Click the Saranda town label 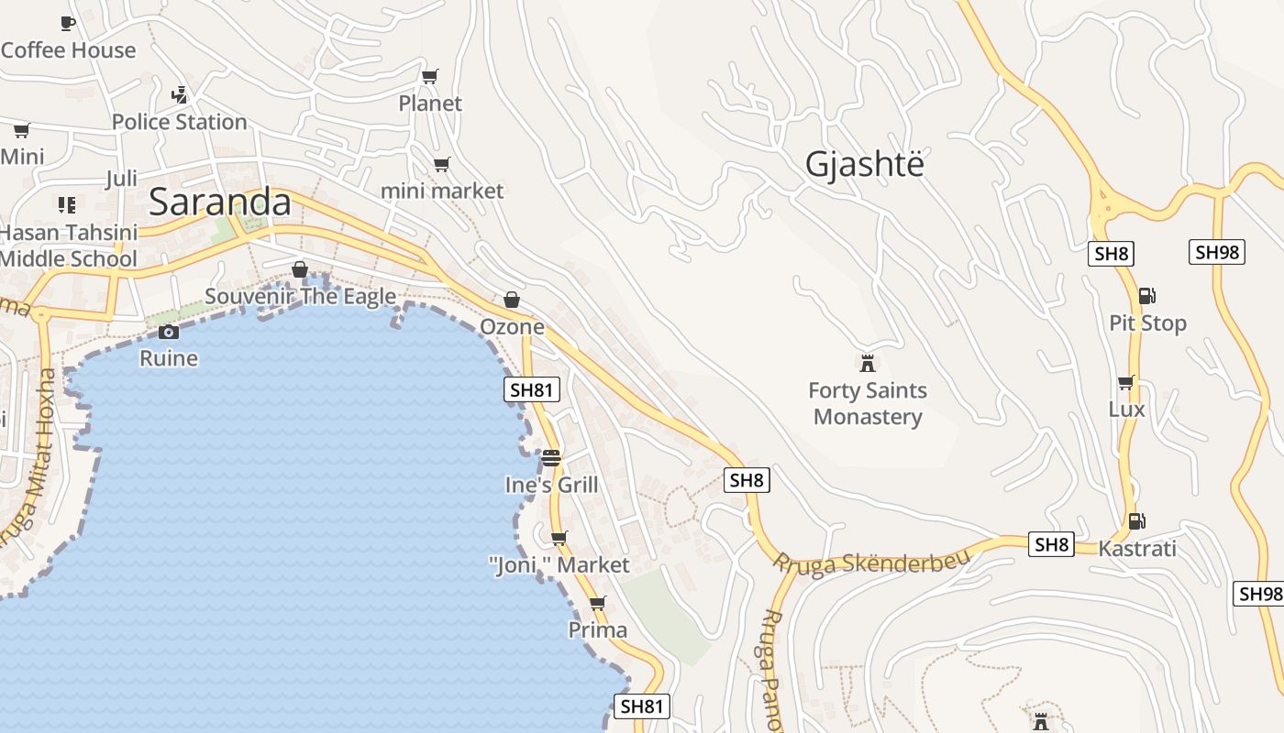click(220, 202)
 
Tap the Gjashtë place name click(865, 164)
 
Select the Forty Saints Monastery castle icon click(867, 362)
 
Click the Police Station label click(180, 122)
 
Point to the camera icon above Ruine click(168, 332)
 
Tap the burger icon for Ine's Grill click(550, 457)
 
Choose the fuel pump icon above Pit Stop click(1146, 296)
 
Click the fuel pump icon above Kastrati click(1136, 521)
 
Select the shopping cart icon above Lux click(1125, 382)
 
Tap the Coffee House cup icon click(67, 23)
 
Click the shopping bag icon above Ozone click(512, 300)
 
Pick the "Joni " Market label click(559, 565)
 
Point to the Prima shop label click(598, 630)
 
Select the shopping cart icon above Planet click(429, 76)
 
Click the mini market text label click(442, 191)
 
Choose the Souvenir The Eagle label click(300, 296)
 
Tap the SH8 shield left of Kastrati click(1051, 544)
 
